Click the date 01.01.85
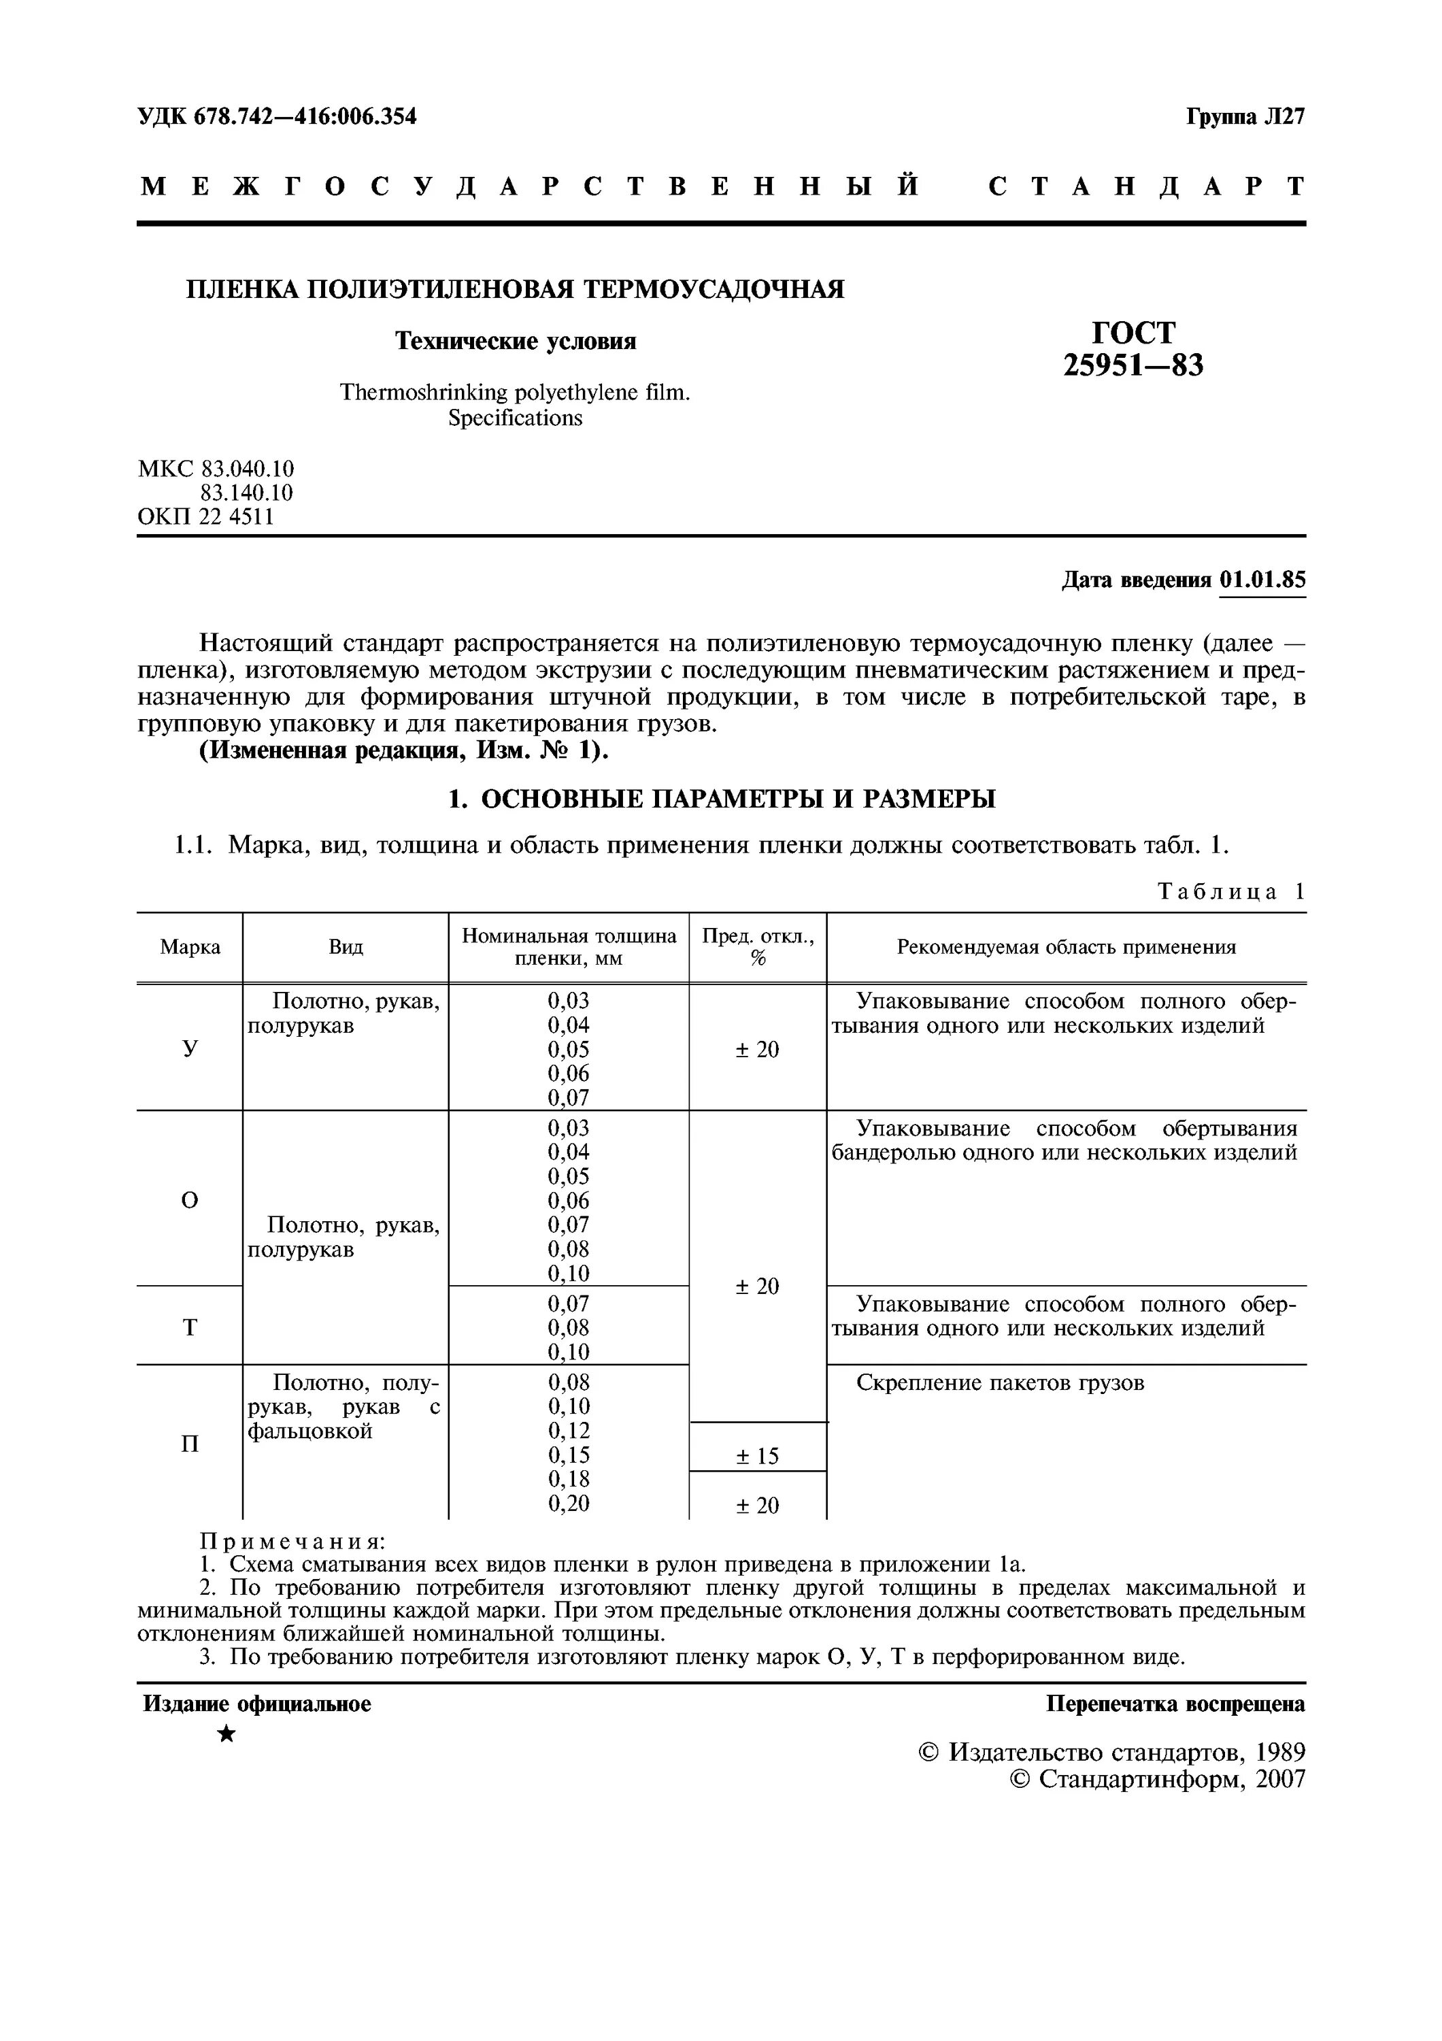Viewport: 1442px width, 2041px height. [x=1262, y=580]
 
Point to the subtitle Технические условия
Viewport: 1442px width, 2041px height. [x=516, y=342]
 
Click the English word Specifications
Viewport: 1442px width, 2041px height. [x=516, y=418]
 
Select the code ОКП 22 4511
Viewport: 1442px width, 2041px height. [x=206, y=516]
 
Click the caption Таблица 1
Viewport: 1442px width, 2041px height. [x=1231, y=892]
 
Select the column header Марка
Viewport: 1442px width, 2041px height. [x=190, y=948]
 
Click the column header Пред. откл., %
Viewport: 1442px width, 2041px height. [x=758, y=947]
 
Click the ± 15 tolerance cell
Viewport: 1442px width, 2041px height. [x=758, y=1456]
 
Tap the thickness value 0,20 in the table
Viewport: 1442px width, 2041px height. [x=569, y=1503]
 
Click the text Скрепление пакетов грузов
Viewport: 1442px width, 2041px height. [x=1000, y=1383]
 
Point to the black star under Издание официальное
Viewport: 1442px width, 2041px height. [x=227, y=1733]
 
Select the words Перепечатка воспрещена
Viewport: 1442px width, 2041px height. [x=1175, y=1704]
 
